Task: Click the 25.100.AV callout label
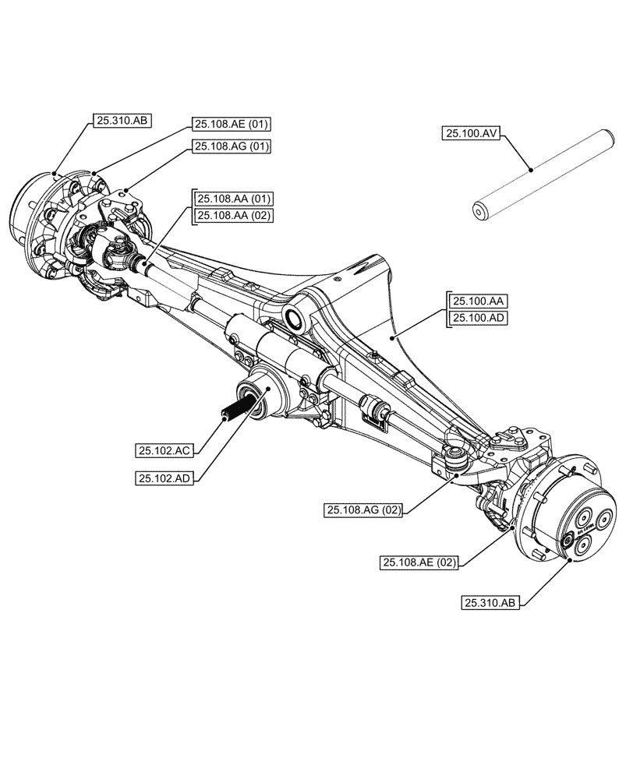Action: [x=471, y=133]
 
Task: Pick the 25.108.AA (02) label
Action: [x=233, y=216]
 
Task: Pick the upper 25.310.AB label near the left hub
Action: [x=122, y=120]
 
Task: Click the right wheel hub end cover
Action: [x=585, y=523]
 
